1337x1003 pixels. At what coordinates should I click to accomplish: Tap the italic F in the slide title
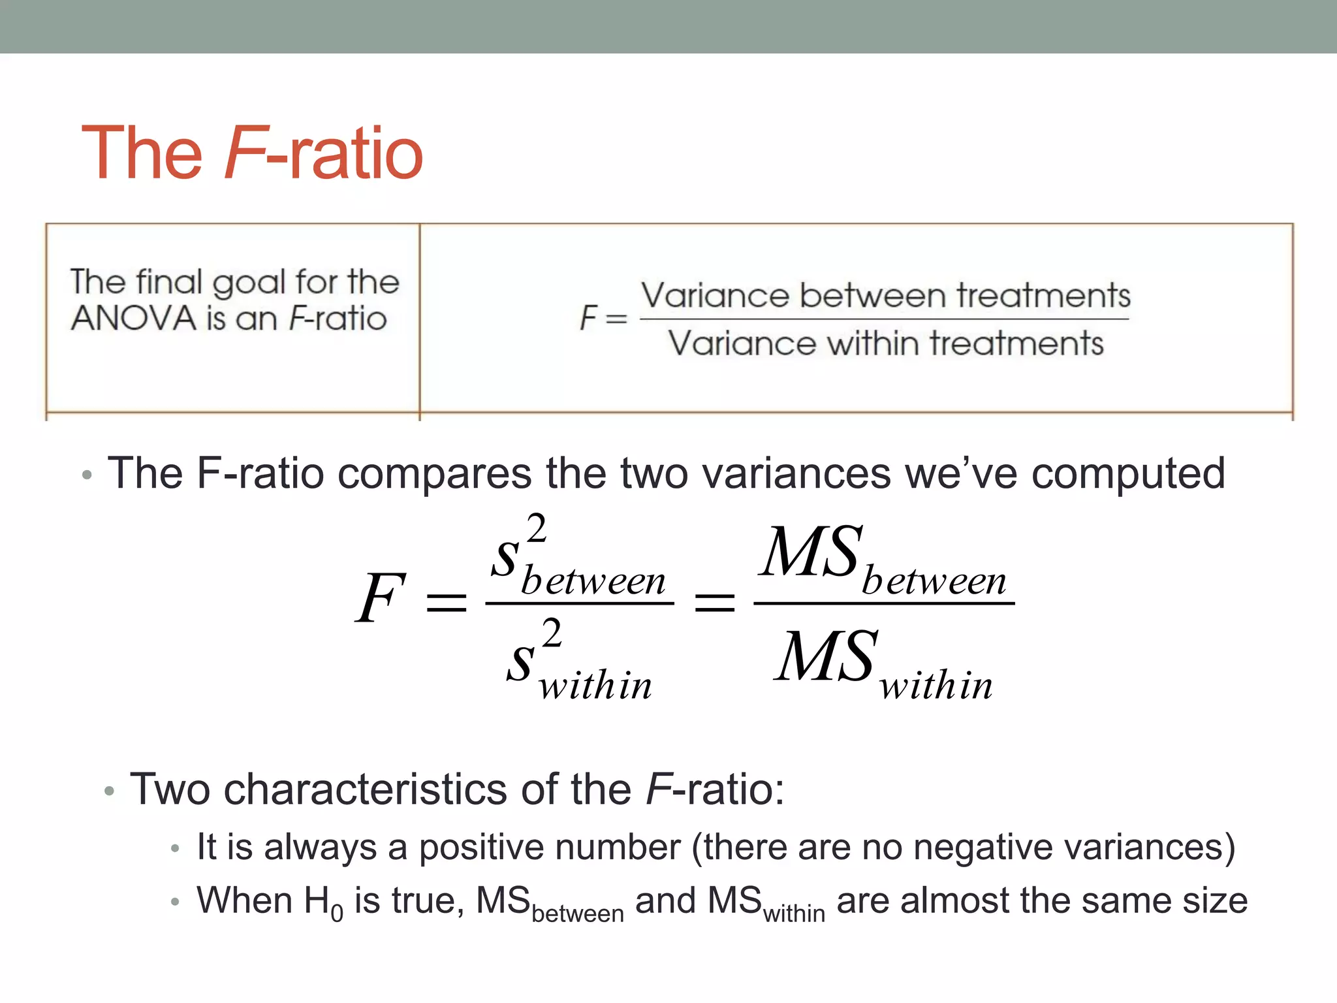click(244, 153)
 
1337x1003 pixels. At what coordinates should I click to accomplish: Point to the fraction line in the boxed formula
click(884, 319)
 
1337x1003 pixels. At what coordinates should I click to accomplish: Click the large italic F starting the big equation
click(380, 597)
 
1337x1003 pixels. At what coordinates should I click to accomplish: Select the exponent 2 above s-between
click(537, 528)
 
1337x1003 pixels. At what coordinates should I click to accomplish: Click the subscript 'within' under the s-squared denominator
click(595, 686)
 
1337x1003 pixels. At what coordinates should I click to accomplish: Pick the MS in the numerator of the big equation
click(810, 552)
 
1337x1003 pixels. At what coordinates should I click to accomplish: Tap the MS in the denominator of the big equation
click(825, 657)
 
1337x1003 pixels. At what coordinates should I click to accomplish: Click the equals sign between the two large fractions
click(714, 601)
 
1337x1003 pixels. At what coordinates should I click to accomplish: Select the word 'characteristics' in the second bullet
click(365, 789)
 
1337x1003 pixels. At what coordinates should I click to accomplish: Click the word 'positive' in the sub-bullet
click(550, 847)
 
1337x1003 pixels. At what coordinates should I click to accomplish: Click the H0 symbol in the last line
click(323, 902)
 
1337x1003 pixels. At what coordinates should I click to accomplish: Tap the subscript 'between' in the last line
click(578, 913)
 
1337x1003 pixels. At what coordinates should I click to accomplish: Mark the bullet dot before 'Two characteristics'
click(109, 791)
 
